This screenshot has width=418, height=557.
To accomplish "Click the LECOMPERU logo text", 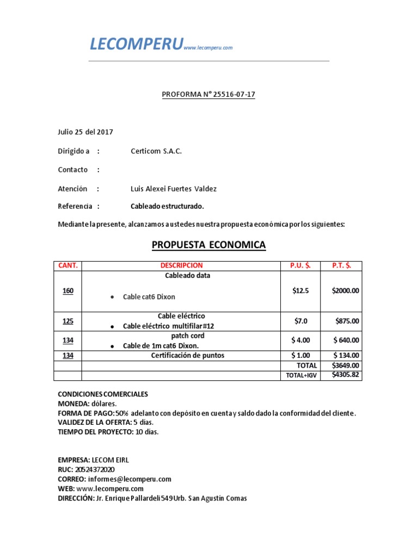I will pyautogui.click(x=136, y=45).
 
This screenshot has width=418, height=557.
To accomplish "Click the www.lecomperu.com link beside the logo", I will pyautogui.click(x=208, y=48).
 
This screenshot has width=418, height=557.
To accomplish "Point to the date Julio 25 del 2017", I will pyautogui.click(x=85, y=132).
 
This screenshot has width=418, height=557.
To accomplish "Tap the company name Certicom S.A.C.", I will pyautogui.click(x=156, y=151).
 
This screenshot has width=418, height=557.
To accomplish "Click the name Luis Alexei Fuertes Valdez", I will pyautogui.click(x=174, y=189).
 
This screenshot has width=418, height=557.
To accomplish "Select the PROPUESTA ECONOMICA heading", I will pyautogui.click(x=208, y=245).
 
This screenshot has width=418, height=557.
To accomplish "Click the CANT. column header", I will pyautogui.click(x=68, y=265).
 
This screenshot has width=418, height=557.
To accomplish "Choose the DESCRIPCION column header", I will pyautogui.click(x=181, y=265).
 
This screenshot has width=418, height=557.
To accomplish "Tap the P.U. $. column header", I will pyautogui.click(x=300, y=265).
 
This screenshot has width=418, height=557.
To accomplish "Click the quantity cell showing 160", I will pyautogui.click(x=68, y=291).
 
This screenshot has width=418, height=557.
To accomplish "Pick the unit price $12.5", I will pyautogui.click(x=300, y=291).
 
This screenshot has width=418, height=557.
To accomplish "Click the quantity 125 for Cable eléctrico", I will pyautogui.click(x=68, y=321).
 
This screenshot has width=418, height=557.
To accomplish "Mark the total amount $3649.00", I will pyautogui.click(x=346, y=366).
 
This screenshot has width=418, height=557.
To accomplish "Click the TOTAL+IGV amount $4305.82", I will pyautogui.click(x=346, y=375).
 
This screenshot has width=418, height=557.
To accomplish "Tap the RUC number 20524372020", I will pyautogui.click(x=93, y=469).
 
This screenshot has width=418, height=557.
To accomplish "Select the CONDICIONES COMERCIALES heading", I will pyautogui.click(x=103, y=394).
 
